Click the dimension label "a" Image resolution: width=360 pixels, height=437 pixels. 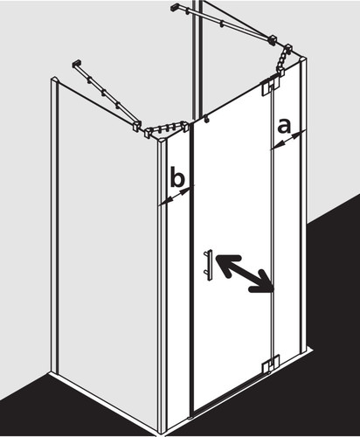pyautogui.click(x=284, y=127)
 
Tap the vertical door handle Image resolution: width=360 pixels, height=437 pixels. pyautogui.click(x=209, y=265)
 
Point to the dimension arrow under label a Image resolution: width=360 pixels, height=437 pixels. pyautogui.click(x=288, y=141)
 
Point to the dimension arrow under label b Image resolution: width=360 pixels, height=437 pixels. pyautogui.click(x=177, y=196)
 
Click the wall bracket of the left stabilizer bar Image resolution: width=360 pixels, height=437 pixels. pyautogui.click(x=76, y=65)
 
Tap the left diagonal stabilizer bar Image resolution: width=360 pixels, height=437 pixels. pyautogui.click(x=106, y=95)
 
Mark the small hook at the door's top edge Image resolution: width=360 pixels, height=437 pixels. pyautogui.click(x=206, y=119)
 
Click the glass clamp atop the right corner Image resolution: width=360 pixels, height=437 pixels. pyautogui.click(x=283, y=60)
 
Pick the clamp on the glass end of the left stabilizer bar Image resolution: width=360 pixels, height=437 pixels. pyautogui.click(x=136, y=127)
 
